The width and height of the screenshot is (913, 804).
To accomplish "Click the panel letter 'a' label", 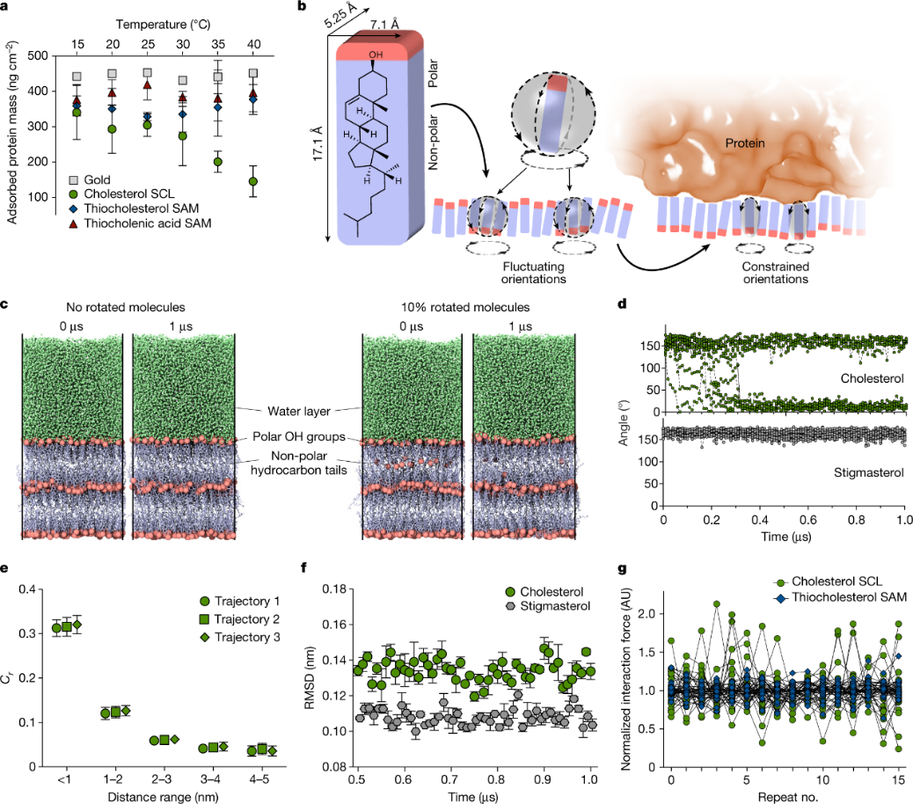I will (x=6, y=8).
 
